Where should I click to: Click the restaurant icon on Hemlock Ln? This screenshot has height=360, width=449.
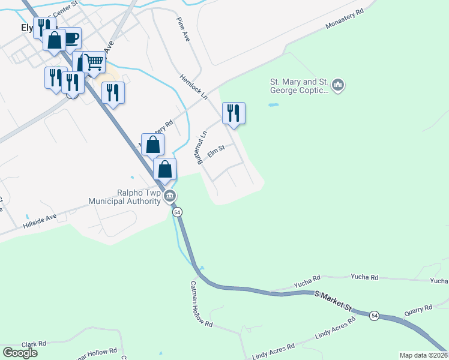point(234,113)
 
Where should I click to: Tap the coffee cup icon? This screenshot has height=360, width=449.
point(70,38)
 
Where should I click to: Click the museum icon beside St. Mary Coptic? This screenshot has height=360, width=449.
point(338,86)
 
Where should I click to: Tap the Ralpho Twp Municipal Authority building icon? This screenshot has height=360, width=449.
point(170,196)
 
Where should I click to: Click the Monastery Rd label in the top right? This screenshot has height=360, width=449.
point(345,19)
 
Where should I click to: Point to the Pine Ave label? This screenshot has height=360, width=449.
point(183,29)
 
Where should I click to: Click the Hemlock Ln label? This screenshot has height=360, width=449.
point(193,87)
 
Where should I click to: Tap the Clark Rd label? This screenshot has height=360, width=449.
point(34,344)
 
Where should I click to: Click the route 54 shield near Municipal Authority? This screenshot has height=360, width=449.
point(177,212)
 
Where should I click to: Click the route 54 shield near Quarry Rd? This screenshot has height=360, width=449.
point(375,316)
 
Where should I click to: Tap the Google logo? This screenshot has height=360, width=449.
point(20,353)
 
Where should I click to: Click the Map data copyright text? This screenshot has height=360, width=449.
point(423,355)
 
